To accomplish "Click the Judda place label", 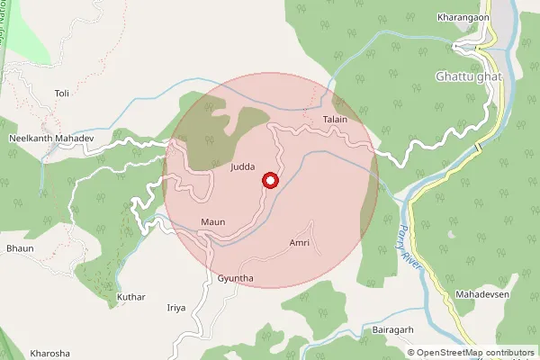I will pos(243,167).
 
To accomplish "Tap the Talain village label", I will pos(335,119).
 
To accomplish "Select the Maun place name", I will pos(213,222).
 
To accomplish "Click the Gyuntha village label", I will pos(236,279).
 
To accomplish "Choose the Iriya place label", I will pos(176,308).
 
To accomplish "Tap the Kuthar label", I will pos(130,296).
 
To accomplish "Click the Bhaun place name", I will pos(19,247).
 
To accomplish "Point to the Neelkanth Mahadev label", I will pos(51,139).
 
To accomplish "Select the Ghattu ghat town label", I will pos(467,76).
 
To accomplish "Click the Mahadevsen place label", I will pos(482,296).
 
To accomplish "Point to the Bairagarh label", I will pos(392,330).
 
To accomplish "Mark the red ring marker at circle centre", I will pos(269,182).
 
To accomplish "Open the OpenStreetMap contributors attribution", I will pos(474,354).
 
